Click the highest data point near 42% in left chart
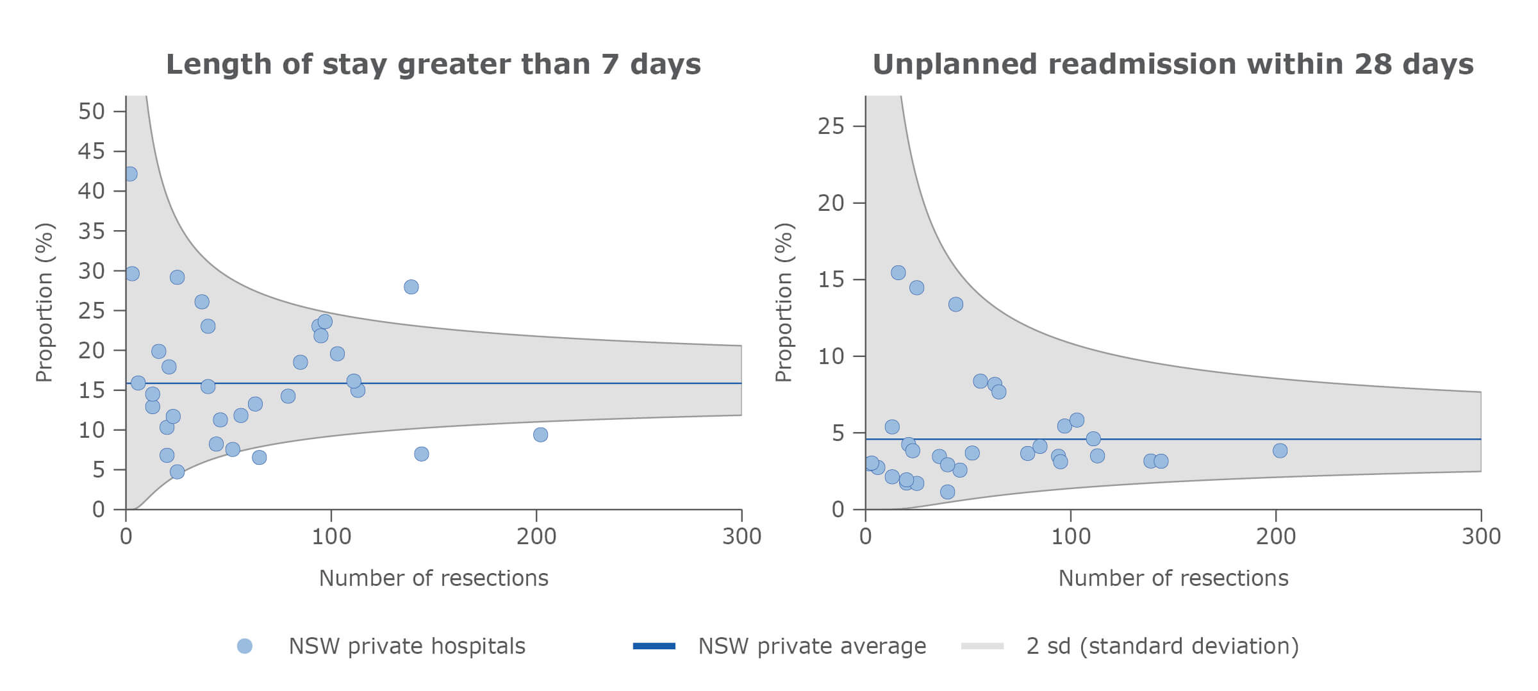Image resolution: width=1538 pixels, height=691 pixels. point(130,174)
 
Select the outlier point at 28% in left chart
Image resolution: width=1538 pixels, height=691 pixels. point(411,287)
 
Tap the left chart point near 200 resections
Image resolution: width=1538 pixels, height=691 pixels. point(540,435)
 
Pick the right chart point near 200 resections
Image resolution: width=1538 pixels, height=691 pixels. point(1280,451)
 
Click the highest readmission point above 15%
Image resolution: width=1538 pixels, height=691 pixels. point(898,272)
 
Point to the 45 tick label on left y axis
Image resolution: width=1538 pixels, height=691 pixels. point(91,151)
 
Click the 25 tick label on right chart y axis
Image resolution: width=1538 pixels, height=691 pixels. point(831,126)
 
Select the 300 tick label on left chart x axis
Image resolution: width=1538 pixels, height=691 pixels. point(741,537)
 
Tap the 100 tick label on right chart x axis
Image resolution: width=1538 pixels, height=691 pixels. point(1070,537)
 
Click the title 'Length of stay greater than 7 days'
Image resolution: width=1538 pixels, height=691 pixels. point(433,65)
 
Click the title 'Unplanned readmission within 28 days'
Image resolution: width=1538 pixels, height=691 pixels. point(1173,65)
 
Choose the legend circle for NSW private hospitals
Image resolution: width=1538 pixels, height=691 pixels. point(245,646)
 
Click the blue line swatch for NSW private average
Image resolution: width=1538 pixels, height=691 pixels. point(654,646)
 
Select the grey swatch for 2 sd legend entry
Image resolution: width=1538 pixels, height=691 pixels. point(982,646)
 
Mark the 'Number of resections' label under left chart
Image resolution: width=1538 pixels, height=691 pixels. point(433,578)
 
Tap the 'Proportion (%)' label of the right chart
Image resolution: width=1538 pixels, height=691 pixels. point(784,303)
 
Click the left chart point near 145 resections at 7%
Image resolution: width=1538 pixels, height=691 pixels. point(421,454)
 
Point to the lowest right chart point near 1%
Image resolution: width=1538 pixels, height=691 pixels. point(947,492)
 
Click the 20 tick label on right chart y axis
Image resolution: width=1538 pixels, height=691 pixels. point(831,203)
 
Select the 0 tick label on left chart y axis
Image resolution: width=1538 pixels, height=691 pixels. point(98,510)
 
